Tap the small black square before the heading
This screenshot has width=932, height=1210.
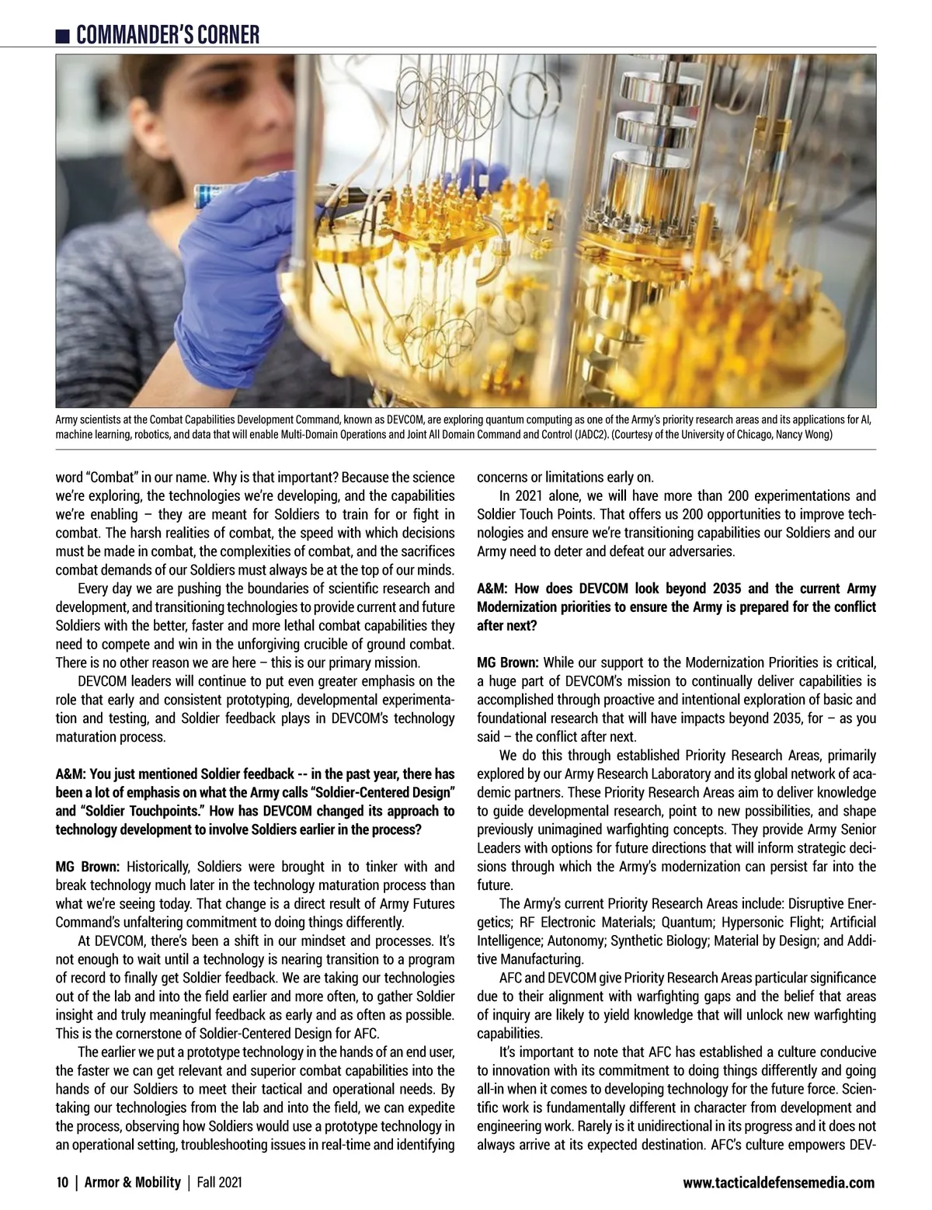coord(63,36)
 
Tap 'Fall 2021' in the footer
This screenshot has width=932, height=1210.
coord(219,1183)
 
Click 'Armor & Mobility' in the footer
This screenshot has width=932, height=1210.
coord(132,1183)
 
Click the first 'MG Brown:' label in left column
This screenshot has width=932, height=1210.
coord(88,867)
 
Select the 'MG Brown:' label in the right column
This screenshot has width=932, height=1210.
coord(509,662)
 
